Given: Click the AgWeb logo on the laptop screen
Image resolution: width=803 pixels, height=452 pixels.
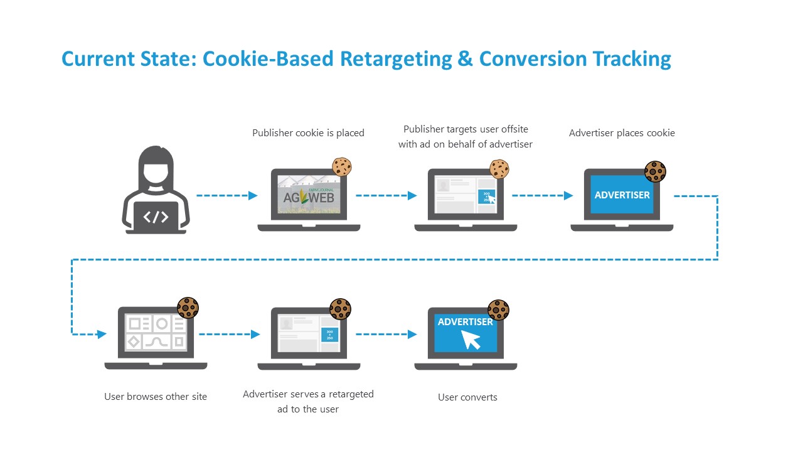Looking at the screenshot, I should [x=309, y=196].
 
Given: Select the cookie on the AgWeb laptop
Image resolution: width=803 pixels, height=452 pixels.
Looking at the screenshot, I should [x=342, y=166].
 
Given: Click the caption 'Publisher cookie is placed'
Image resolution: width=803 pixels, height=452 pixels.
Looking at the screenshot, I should [x=308, y=133].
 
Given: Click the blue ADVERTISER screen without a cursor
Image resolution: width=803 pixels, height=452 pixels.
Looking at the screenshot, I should [x=622, y=195].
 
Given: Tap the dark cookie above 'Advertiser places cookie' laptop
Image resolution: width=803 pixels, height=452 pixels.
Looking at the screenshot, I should [x=655, y=171].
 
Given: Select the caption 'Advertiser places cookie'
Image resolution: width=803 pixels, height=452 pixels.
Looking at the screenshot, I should [x=622, y=133].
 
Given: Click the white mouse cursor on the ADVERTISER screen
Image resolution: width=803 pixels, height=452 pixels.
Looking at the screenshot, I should [x=471, y=340].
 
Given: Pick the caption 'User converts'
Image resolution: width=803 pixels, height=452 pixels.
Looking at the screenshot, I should [x=467, y=397].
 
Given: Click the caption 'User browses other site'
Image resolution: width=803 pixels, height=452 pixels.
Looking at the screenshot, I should [x=156, y=397].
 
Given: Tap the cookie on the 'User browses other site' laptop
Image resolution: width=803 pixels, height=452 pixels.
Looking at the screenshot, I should [x=188, y=308].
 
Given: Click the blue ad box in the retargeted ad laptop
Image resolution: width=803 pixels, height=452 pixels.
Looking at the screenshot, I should [x=330, y=334].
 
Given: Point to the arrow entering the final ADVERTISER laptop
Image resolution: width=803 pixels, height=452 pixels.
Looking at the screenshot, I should [x=386, y=335].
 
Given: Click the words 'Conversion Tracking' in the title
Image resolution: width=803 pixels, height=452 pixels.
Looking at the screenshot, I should [x=575, y=59].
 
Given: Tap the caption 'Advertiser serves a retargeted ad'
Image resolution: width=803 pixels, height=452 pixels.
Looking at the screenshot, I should [x=308, y=401].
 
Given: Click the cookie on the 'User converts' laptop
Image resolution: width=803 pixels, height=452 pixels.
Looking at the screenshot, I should [x=499, y=309].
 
